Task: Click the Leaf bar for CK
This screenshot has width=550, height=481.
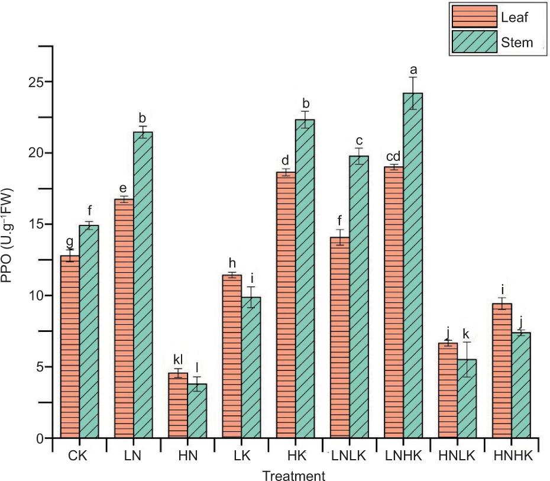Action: coord(70,347)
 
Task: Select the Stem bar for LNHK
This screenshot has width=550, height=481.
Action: coord(413,266)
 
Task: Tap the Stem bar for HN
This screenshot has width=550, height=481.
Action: coord(197,411)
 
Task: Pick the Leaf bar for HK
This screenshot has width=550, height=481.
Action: coord(286,305)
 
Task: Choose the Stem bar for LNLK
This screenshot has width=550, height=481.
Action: coord(359,297)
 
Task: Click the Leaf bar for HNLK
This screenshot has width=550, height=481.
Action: coord(448,390)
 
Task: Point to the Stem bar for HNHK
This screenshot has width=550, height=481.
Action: coord(521,385)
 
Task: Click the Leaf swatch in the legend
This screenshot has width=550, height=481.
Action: coord(474,16)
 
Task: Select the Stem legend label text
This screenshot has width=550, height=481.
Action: coord(517,43)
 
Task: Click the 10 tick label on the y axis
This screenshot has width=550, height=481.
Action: coord(35,295)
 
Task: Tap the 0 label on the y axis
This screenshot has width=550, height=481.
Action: coord(39,438)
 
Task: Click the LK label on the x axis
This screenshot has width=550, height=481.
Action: coord(242,456)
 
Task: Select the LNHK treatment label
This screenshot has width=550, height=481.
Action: coord(403,456)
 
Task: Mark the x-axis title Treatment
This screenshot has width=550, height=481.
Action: coord(294,476)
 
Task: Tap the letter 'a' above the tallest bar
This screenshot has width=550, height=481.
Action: coord(413,70)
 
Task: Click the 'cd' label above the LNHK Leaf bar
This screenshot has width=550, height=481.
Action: coord(393,156)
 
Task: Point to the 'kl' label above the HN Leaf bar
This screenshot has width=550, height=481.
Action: coord(178,360)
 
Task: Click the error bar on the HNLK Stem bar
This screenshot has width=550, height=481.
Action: coord(467,360)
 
